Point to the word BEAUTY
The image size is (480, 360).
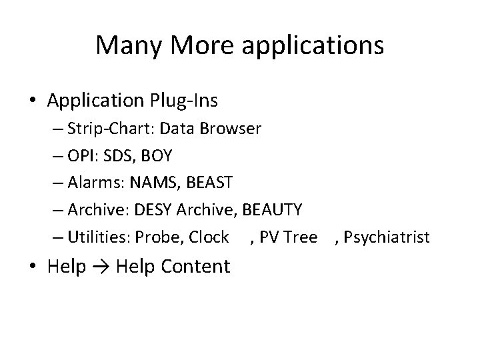click(x=273, y=210)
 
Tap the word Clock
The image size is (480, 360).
click(x=209, y=237)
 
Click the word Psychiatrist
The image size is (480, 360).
click(x=389, y=237)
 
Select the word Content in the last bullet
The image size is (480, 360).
click(x=196, y=267)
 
